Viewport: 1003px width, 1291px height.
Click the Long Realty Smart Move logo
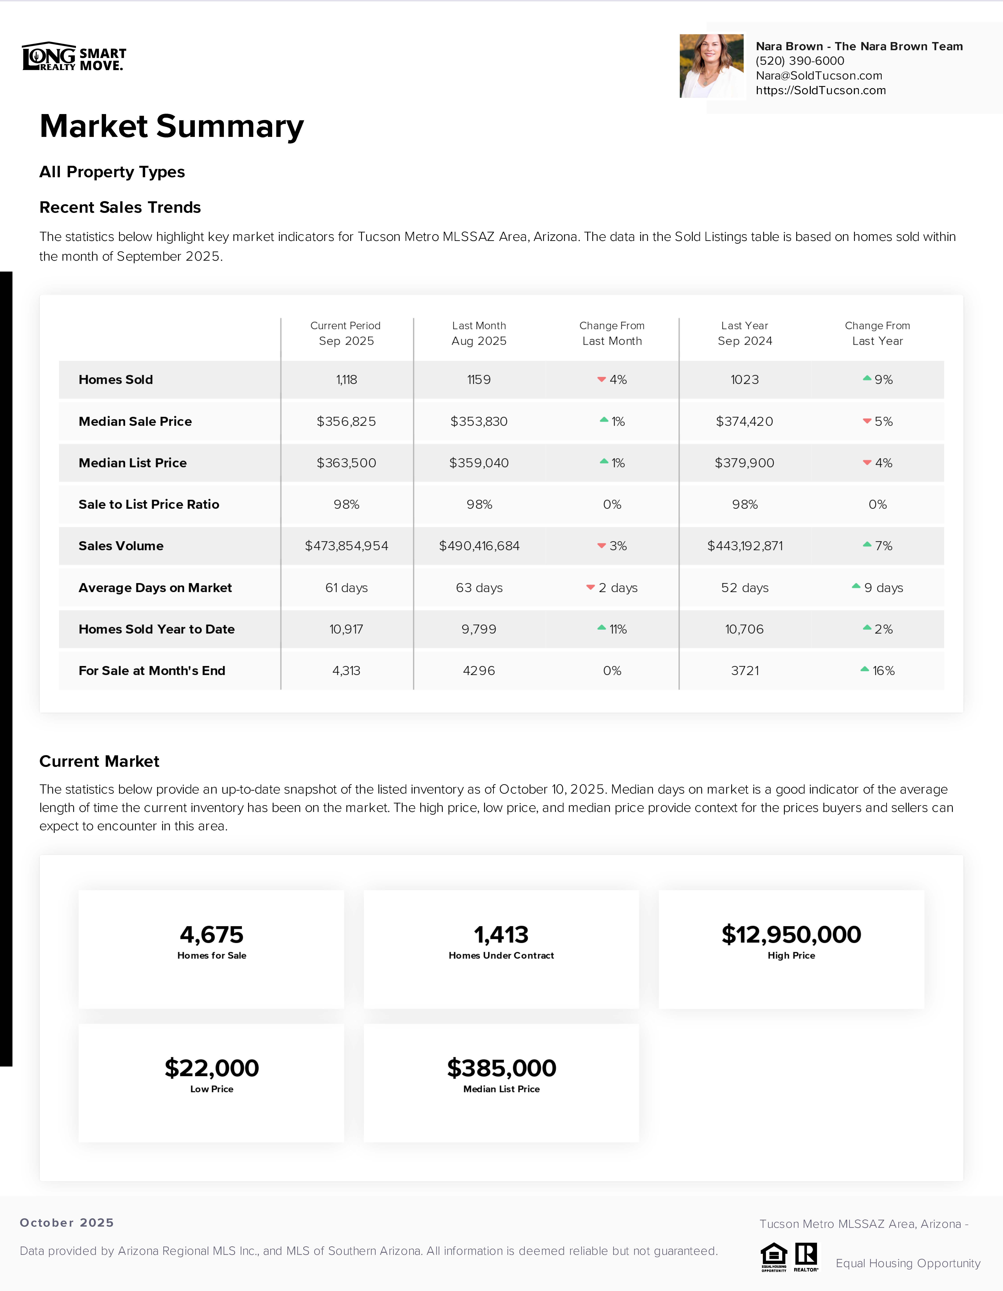[x=74, y=57]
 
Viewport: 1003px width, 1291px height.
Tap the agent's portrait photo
[x=712, y=66]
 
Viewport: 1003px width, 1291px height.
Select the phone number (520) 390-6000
[x=800, y=61]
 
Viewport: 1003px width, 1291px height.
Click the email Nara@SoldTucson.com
[x=819, y=76]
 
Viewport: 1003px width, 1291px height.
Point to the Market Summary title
[x=171, y=127]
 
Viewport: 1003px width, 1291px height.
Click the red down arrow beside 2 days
[x=590, y=587]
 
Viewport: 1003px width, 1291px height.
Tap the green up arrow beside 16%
[x=864, y=669]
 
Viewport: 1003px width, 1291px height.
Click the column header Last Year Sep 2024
[x=744, y=333]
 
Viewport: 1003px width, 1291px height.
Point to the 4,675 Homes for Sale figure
[x=212, y=935]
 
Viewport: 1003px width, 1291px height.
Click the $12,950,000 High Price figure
[x=791, y=935]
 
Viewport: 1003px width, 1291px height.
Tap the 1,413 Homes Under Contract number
[x=501, y=935]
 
